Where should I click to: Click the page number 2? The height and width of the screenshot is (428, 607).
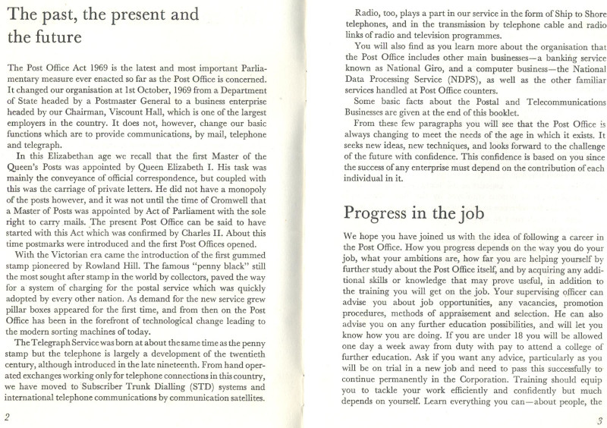6,416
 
